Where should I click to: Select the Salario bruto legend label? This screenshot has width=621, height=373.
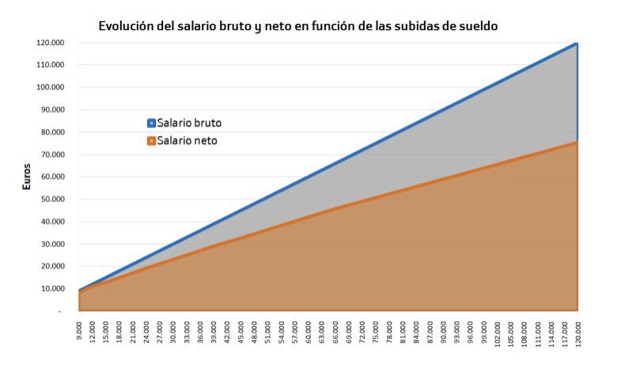click(189, 124)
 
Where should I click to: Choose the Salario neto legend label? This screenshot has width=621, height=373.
click(187, 140)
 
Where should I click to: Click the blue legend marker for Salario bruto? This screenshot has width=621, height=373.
click(151, 124)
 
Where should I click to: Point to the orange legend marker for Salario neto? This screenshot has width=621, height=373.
click(151, 141)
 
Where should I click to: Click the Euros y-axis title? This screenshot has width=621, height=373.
click(26, 176)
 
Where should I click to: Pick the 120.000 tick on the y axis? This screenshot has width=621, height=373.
click(51, 43)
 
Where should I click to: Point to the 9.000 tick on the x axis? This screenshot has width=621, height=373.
click(80, 331)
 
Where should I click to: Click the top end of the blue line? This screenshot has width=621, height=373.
click(577, 44)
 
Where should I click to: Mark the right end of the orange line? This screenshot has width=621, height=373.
click(577, 143)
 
